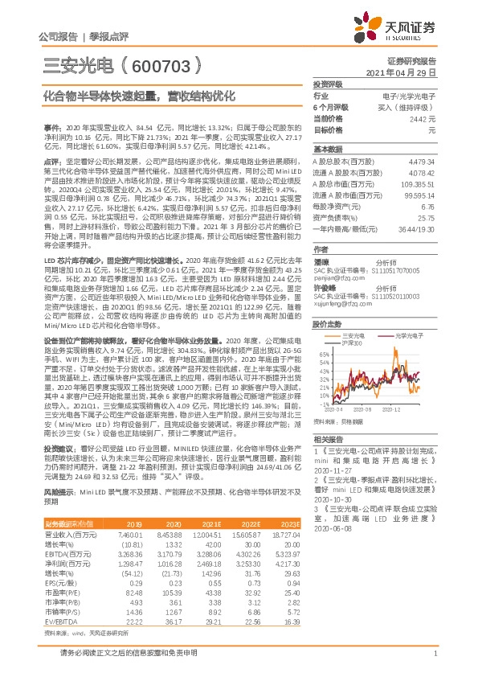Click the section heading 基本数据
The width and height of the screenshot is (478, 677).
(x=328, y=150)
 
